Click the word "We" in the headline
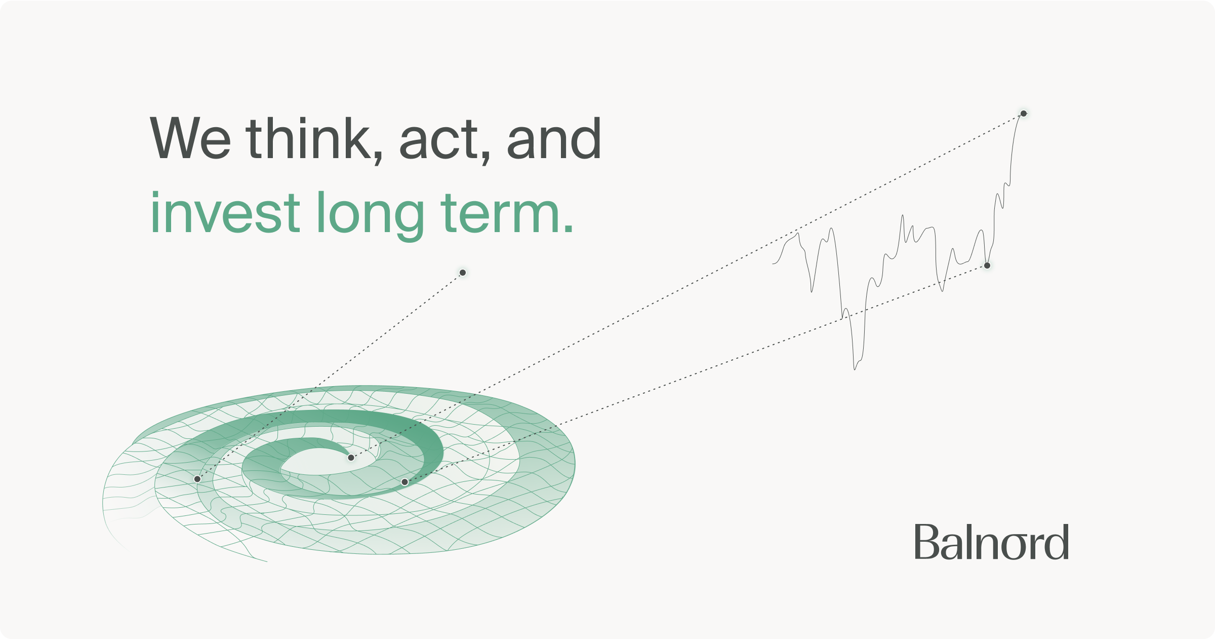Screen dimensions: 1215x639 tap(190, 138)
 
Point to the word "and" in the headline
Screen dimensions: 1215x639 tap(554, 137)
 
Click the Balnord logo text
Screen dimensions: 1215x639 tap(991, 542)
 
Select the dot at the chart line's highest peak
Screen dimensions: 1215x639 tap(1024, 114)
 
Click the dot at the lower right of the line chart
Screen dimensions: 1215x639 tap(987, 266)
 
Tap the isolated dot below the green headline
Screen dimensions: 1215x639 tap(463, 273)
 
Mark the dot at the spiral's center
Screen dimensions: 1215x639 tap(351, 458)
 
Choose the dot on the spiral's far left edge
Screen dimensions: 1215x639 tap(197, 479)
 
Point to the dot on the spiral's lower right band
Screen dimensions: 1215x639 tap(404, 482)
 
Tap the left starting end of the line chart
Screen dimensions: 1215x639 tap(773, 264)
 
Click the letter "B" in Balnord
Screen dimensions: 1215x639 tap(927, 542)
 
